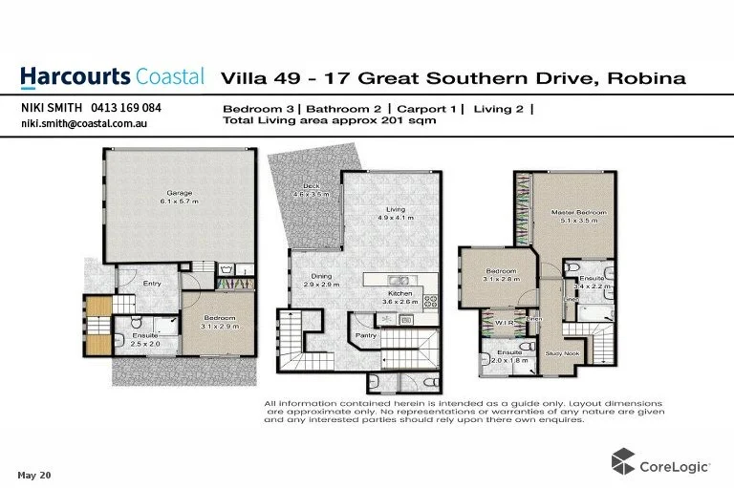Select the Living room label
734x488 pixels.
click(395, 209)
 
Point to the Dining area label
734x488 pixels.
click(322, 276)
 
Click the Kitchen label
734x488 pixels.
click(399, 293)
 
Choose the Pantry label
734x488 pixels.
click(366, 335)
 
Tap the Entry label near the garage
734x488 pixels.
click(153, 284)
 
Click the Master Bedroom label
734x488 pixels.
click(578, 212)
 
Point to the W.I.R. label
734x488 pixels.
click(505, 323)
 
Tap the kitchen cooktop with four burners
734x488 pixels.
click(430, 300)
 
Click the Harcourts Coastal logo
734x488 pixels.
click(112, 76)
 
